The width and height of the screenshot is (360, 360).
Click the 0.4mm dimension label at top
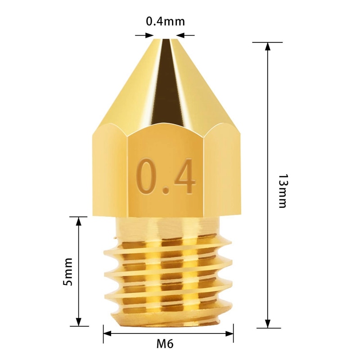tap(165, 22)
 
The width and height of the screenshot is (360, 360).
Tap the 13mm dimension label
tap(282, 190)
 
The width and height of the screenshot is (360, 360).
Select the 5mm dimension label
tap(68, 272)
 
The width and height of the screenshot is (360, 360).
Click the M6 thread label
tap(165, 344)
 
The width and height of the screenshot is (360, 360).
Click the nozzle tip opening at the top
tap(165, 40)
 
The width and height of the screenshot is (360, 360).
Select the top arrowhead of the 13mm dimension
tap(268, 46)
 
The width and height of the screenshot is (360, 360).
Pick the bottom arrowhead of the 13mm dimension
tap(268, 324)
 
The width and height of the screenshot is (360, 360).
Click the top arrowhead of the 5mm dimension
tap(79, 220)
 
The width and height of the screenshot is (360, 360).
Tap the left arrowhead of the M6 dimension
tap(107, 333)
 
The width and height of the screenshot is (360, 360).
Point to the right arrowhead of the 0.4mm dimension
tap(180, 35)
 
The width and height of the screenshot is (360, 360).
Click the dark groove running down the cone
tap(166, 81)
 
